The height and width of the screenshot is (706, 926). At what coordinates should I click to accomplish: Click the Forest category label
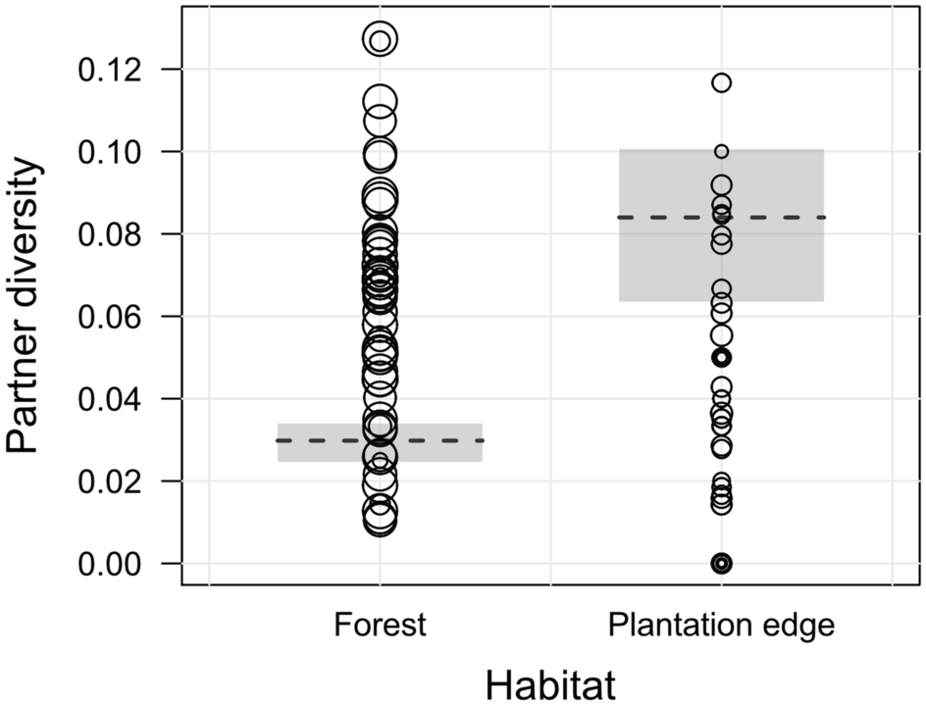(380, 626)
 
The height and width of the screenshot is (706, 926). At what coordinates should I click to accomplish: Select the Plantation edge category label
(721, 626)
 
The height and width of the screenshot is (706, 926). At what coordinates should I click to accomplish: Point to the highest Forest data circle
(380, 40)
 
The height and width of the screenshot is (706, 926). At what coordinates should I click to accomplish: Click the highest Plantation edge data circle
(722, 83)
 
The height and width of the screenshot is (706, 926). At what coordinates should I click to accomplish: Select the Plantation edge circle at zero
(722, 563)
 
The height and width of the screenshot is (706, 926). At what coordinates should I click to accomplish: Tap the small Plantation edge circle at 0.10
(722, 151)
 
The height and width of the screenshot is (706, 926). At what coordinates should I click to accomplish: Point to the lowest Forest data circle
(380, 524)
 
